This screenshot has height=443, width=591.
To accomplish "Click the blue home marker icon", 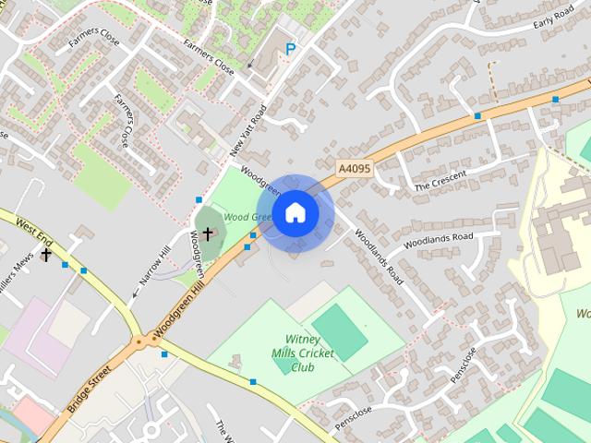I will pos(295,213).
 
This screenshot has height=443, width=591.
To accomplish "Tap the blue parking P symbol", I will pos(291,50).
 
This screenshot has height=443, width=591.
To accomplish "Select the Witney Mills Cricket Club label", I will pos(303,353).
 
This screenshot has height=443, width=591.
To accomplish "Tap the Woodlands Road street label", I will pos(380,256).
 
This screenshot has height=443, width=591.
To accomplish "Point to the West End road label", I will pos(34,226).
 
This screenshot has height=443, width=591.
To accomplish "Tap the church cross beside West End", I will pos(46,254).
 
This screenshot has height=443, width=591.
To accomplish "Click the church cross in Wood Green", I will pos(208,233).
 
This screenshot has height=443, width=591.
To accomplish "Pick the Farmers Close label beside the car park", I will pos(209,54).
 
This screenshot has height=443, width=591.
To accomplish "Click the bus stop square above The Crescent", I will pos(477,116).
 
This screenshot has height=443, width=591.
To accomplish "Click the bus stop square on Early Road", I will pos(555,99).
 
